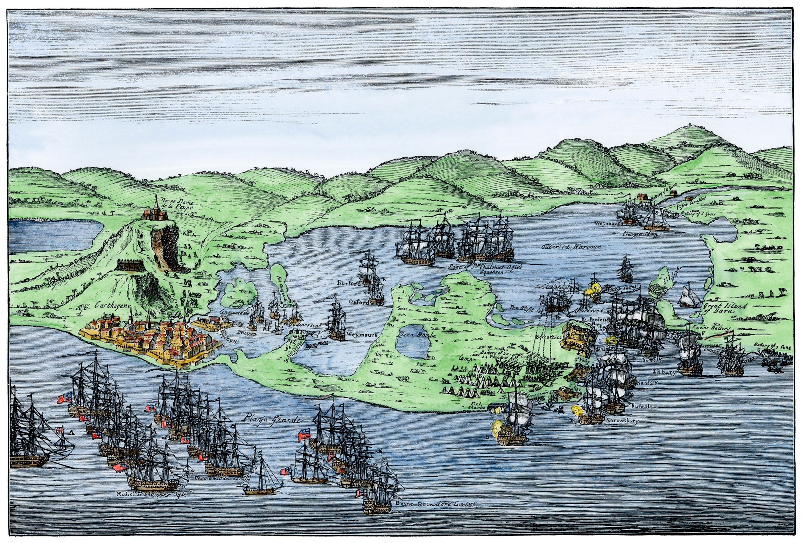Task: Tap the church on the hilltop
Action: coord(154,211)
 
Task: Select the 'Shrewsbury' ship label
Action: coord(622,421)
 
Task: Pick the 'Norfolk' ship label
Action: coord(648,383)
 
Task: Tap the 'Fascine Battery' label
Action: coord(714,328)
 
